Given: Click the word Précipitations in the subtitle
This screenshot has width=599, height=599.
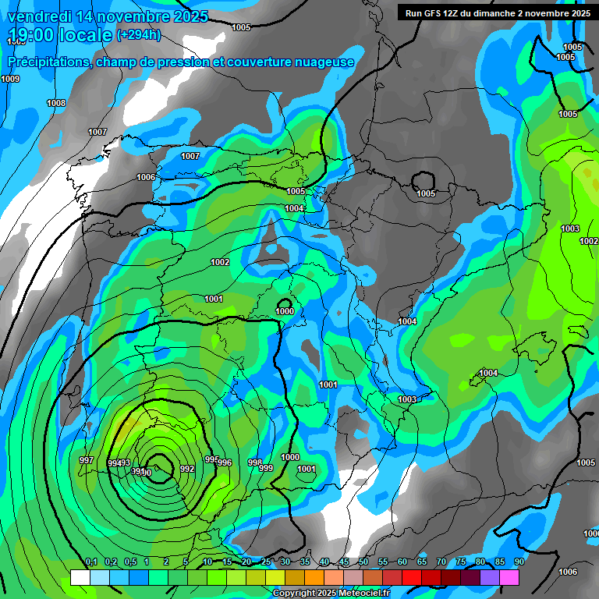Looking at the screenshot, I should [x=49, y=62].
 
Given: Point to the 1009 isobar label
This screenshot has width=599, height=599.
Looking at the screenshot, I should [x=10, y=79].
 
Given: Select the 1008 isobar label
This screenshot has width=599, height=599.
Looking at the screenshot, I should [x=56, y=103].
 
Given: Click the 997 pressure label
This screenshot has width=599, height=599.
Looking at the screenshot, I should [x=87, y=460].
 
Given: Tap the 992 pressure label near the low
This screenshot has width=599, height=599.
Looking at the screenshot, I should [x=187, y=469].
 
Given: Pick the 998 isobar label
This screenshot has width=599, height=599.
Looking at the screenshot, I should [x=255, y=463].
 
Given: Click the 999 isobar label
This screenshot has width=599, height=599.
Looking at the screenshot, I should [x=266, y=468].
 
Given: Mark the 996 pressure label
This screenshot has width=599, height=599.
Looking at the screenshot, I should [x=225, y=463].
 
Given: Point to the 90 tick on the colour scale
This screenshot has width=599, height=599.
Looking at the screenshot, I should [x=519, y=562].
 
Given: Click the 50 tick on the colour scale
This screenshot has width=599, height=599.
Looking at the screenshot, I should [x=363, y=562].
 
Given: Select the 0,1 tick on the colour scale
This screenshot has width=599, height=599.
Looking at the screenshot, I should [x=90, y=562].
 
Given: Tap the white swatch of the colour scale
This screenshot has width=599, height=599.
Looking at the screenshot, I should [x=80, y=577].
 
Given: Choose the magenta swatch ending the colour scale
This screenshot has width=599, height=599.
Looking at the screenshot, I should [x=509, y=577].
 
